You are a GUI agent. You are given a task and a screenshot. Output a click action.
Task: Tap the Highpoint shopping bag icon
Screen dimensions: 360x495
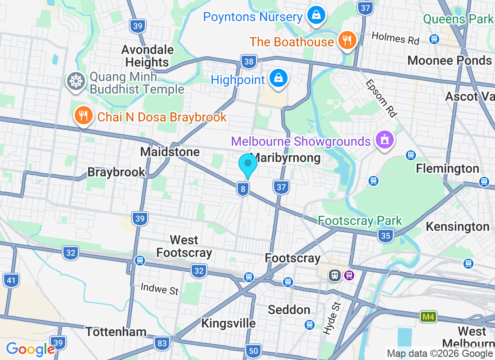[279, 79]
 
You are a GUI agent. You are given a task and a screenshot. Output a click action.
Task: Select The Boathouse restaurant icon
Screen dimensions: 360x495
[347, 41]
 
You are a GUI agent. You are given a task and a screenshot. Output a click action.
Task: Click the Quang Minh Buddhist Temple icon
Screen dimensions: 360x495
[75, 81]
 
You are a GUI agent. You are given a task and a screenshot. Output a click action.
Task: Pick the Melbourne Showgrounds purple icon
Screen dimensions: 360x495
[385, 140]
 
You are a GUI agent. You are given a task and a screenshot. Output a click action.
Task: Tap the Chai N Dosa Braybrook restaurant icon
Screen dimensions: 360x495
[83, 117]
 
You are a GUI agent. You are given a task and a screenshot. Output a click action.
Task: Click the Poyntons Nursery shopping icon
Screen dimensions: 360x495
[316, 16]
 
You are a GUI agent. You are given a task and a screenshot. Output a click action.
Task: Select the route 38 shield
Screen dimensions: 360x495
[248, 62]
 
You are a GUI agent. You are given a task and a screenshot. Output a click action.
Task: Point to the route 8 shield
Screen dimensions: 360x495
[243, 189]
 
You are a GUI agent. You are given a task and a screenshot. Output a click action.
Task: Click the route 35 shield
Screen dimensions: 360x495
[386, 235]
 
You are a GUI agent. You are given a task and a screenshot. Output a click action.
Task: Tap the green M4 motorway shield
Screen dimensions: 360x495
[428, 317]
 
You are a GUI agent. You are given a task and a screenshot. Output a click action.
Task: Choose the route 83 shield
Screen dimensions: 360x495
[162, 344]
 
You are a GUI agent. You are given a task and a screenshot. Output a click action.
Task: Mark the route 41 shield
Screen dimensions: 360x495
[11, 281]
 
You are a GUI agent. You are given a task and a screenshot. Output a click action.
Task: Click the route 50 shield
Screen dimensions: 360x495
[254, 351]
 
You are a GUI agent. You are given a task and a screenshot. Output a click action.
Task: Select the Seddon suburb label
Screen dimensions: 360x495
[289, 310]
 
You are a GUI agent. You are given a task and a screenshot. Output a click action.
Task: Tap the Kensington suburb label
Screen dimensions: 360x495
[457, 226]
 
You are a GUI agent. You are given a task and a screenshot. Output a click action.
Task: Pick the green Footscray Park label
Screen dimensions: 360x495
[360, 220]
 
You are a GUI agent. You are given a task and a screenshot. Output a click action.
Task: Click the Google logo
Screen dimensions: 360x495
[30, 349]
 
